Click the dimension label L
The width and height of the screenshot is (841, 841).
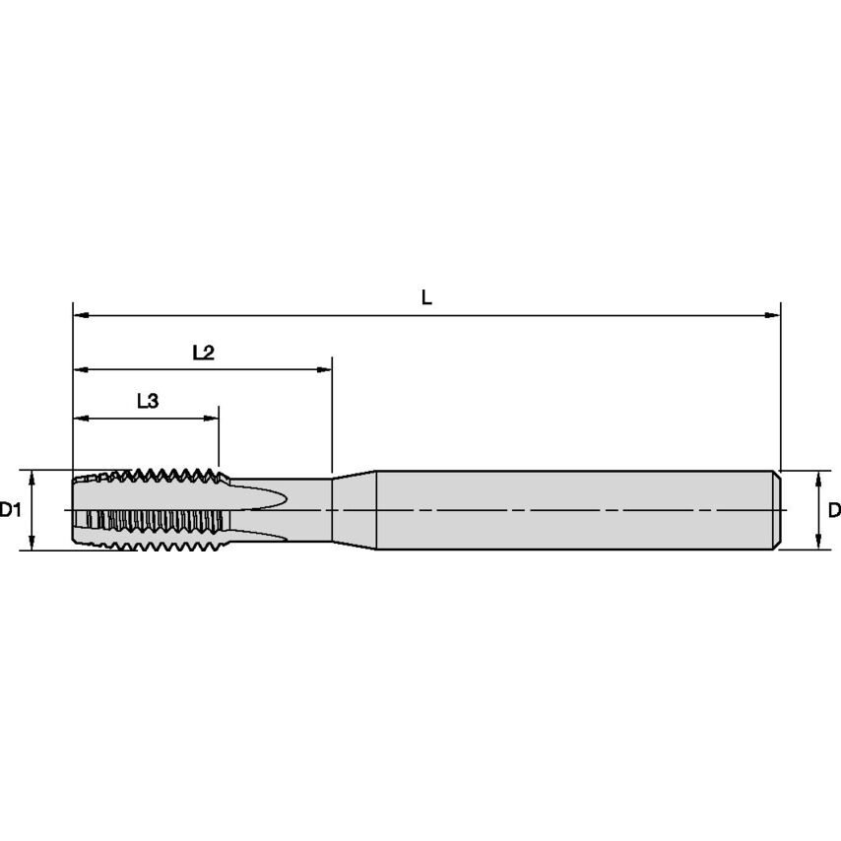(426, 296)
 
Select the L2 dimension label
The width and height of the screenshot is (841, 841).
(203, 353)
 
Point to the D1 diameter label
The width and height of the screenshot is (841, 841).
(10, 510)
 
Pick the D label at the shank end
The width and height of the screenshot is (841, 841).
(833, 510)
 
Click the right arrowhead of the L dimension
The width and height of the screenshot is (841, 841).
(773, 315)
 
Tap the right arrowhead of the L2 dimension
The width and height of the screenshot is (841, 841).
(325, 370)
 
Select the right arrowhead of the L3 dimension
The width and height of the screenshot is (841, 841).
(212, 419)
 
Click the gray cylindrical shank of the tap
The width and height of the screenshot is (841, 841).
(571, 510)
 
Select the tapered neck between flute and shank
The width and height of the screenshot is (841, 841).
(355, 510)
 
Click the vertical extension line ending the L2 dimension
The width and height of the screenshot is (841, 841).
(332, 414)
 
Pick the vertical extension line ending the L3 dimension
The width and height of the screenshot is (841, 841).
(219, 438)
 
